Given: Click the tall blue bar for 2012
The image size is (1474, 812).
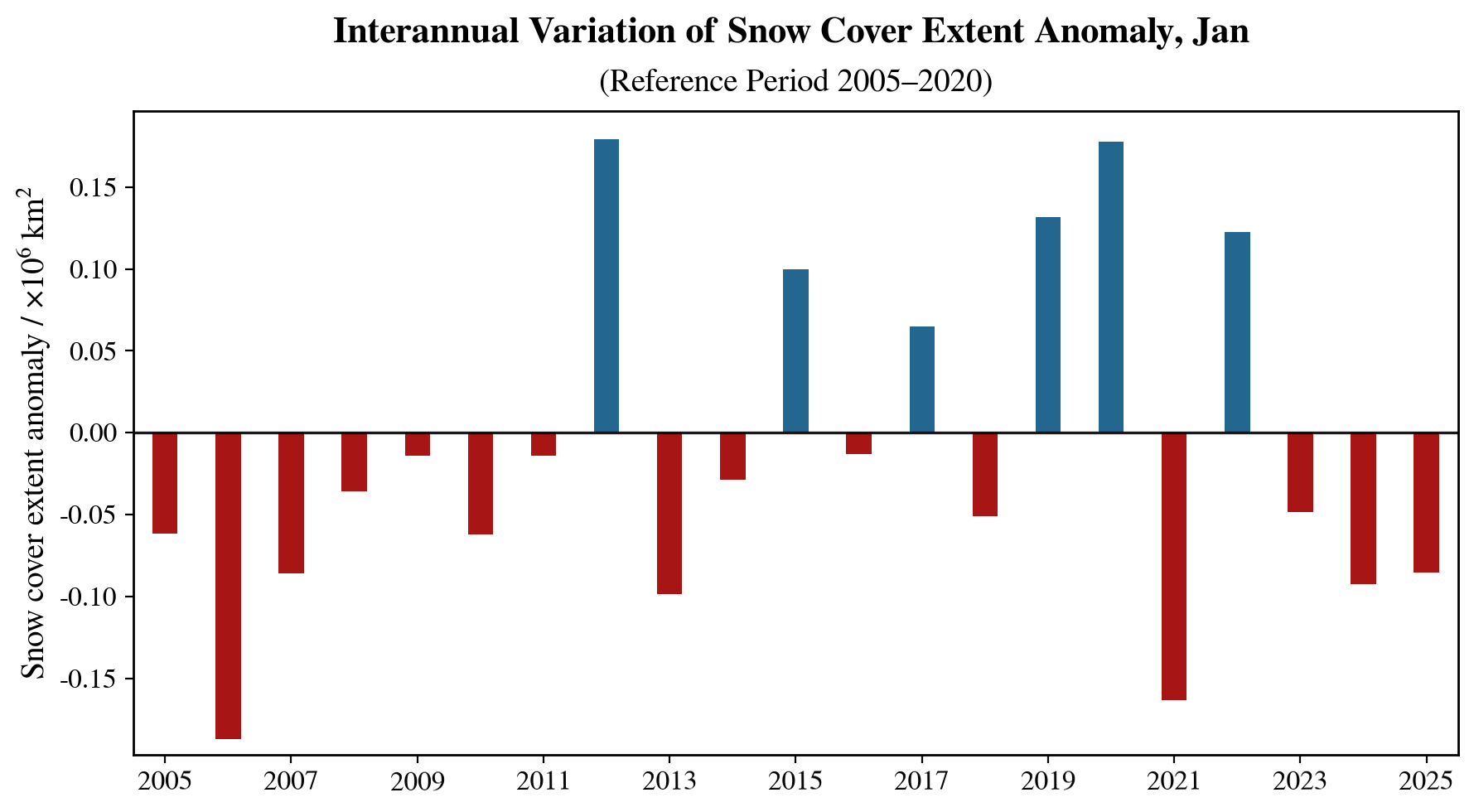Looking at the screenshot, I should coord(607,286).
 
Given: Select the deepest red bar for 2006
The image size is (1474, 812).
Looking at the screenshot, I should coord(228,585).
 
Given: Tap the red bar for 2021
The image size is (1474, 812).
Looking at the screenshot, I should coord(1173,566).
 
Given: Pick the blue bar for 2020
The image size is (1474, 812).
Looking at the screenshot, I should coord(1110,287).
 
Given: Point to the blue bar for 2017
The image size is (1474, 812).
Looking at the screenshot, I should coord(921,379).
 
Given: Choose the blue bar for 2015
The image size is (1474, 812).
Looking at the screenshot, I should coord(795,350).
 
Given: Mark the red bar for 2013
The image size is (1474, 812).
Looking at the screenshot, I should coord(669,513).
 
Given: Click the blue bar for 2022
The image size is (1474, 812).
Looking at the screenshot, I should coord(1237,332).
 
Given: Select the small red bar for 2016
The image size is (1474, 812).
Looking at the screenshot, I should coord(858,443).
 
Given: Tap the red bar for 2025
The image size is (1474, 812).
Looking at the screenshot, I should coord(1426,502).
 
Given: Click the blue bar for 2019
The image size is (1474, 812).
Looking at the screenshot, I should coord(1047,325).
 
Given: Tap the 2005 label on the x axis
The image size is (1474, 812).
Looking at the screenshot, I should coord(165,781).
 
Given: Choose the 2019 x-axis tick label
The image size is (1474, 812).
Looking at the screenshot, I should coord(1047,781).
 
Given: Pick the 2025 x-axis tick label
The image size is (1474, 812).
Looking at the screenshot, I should coord(1426,781).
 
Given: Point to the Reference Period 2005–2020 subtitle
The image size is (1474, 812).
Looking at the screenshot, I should coord(795,81).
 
